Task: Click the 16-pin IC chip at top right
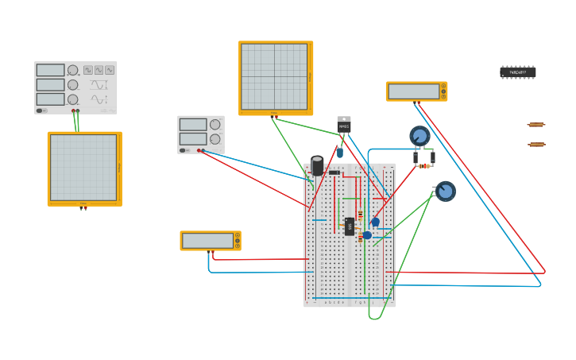pos(517,72)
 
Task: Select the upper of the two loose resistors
pos(536,125)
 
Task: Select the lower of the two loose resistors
pos(536,145)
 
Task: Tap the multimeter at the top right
pos(416,91)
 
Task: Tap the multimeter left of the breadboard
pos(210,241)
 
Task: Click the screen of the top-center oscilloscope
pos(274,76)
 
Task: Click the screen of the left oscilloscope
pos(83,167)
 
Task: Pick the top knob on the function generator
pos(73,71)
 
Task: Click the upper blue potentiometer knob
pos(419,136)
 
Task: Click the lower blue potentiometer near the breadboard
pos(445,191)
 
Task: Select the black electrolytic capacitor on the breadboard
pos(317,165)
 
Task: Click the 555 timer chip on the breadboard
pos(350,226)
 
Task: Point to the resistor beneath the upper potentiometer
pos(423,166)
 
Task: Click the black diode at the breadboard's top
pos(334,172)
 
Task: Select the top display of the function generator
pos(50,71)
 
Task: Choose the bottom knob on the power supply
pos(215,139)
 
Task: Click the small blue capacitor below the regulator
pos(339,153)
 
